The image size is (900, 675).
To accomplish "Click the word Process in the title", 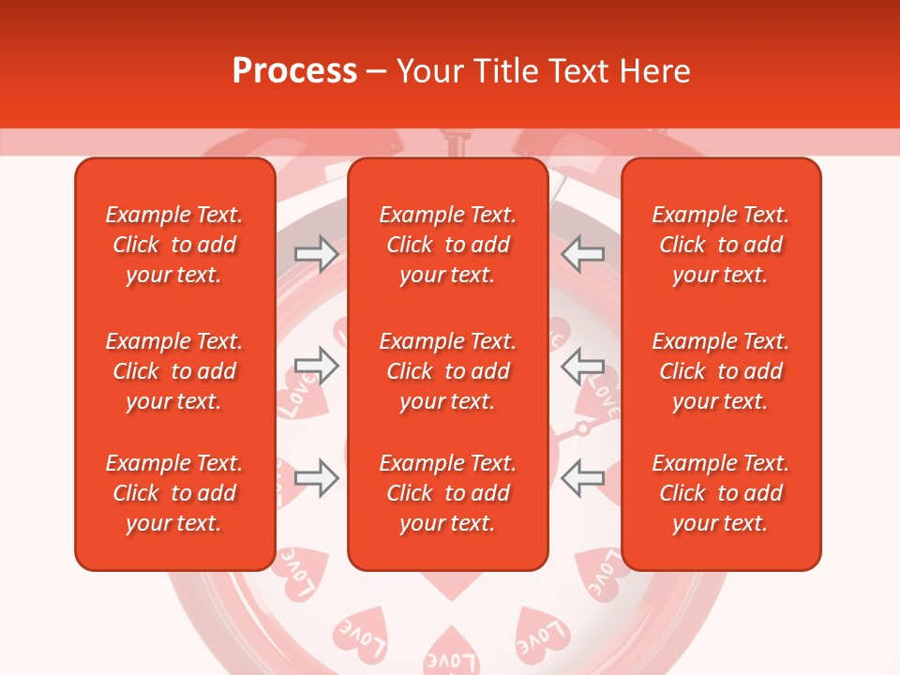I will [294, 71].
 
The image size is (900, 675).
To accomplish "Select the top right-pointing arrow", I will [316, 253].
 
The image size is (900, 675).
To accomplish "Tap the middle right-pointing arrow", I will [316, 365].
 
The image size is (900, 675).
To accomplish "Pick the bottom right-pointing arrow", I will [316, 477].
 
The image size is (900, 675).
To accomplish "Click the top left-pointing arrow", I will [583, 253].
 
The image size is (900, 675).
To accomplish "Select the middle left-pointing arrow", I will [583, 365].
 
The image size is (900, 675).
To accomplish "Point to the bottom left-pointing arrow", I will [583, 477].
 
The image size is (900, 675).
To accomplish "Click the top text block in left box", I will [174, 245].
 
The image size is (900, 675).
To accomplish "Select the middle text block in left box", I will [174, 371].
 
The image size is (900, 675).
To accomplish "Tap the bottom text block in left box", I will [174, 493].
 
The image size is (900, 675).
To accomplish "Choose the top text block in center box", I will [448, 245].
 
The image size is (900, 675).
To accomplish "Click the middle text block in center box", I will [448, 371].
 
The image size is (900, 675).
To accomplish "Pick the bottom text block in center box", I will [448, 493].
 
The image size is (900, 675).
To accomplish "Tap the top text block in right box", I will [721, 245].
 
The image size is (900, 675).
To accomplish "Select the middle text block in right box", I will [721, 371].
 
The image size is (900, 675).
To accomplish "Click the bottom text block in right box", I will [721, 493].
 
